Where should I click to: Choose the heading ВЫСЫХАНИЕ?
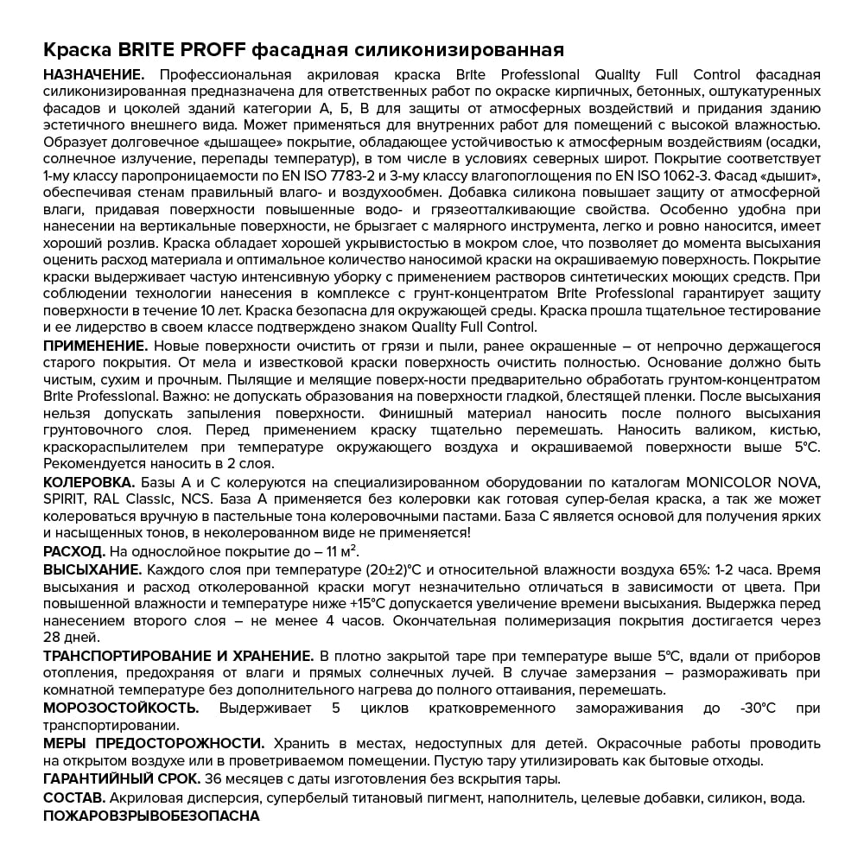pyautogui.click(x=92, y=570)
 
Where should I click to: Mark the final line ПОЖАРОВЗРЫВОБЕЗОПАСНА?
pyautogui.click(x=151, y=816)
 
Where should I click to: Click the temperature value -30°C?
pyautogui.click(x=758, y=708)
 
